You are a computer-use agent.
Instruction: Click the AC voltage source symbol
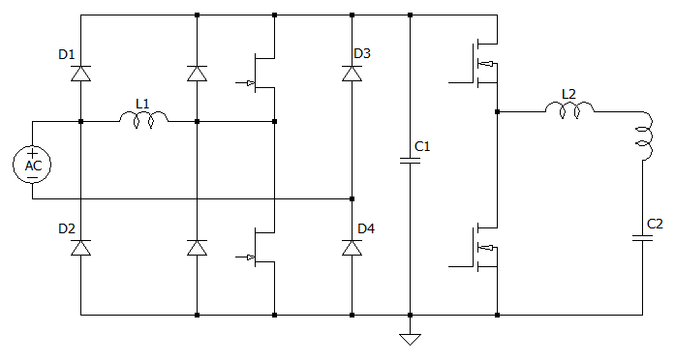pos(33,164)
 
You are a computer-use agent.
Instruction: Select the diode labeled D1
pos(80,74)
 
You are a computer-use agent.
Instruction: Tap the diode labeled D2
pos(80,248)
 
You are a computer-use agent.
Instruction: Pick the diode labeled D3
pos(352,74)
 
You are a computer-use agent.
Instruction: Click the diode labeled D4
pos(352,248)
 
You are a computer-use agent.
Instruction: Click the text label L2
pos(568,94)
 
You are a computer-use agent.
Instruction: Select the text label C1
pos(422,146)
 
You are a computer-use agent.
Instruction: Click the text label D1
pos(67,54)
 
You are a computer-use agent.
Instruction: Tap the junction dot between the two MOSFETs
pos(497,112)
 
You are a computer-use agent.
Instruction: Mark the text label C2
pos(656,224)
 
